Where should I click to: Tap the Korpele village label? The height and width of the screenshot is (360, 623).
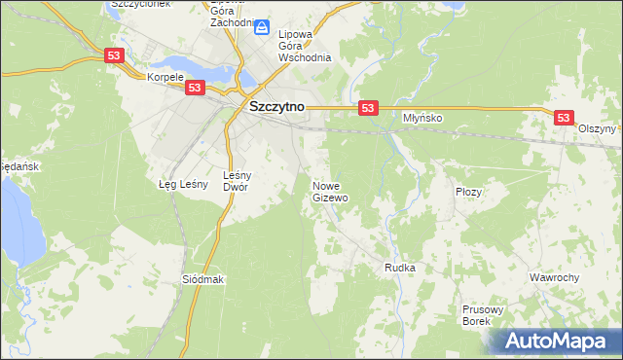click(165, 77)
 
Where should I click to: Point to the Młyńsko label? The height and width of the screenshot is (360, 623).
click(423, 118)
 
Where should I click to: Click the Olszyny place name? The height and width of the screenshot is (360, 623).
click(597, 128)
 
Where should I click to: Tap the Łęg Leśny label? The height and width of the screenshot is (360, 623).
click(179, 184)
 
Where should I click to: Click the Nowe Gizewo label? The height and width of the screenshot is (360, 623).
click(330, 192)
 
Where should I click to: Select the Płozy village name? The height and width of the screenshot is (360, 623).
click(469, 192)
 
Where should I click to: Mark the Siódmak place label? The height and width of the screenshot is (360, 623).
click(203, 279)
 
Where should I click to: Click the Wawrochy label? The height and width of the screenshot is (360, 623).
click(555, 277)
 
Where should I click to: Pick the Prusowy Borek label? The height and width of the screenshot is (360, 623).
click(482, 315)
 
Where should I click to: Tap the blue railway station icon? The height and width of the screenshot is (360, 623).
click(261, 28)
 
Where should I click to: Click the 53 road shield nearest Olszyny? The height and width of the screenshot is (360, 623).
click(564, 117)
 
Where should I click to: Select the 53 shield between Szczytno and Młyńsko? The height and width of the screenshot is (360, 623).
click(367, 108)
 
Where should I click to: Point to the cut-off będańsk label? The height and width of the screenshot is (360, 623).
click(18, 166)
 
